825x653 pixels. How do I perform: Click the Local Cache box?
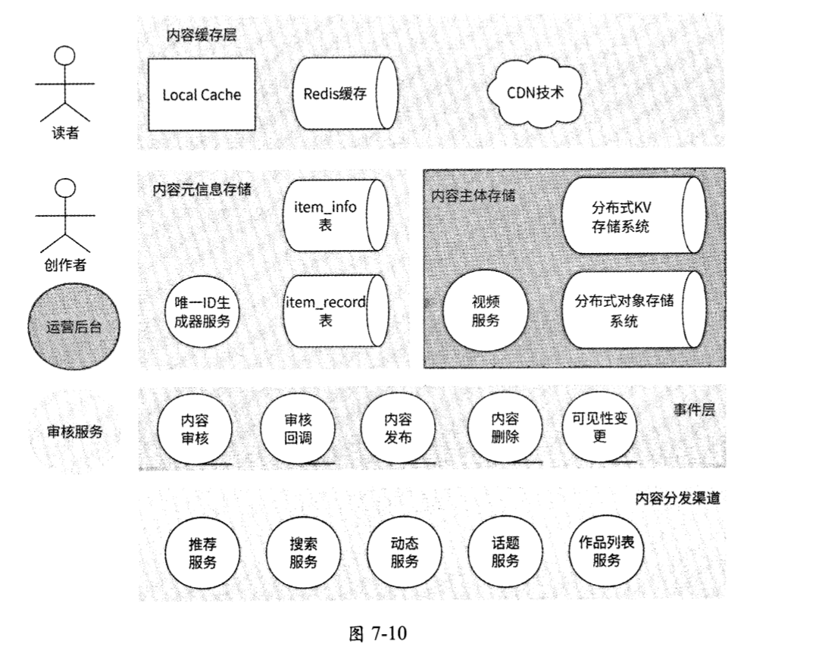202,95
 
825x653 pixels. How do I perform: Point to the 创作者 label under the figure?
65,265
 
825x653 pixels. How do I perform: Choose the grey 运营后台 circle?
73,328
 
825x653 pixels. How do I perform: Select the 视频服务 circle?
486,311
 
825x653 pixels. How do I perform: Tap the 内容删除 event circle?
505,428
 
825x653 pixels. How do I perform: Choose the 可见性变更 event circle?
600,428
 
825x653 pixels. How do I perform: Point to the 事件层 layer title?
694,410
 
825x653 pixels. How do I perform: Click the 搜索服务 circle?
304,553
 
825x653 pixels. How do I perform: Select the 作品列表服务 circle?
607,551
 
